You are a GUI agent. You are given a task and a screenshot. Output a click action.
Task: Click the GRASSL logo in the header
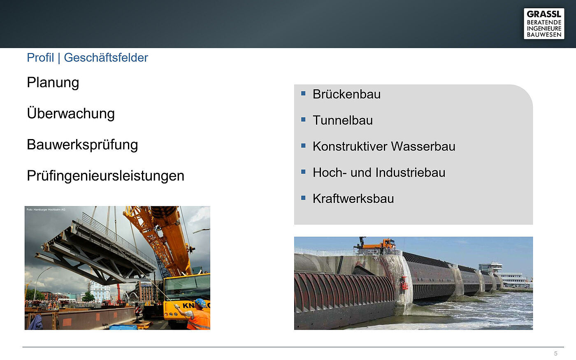point(544,24)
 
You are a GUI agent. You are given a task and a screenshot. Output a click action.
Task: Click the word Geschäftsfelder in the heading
point(106,58)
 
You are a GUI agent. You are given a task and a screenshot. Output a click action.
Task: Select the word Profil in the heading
point(40,57)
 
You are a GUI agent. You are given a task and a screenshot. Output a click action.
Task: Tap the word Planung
point(53,83)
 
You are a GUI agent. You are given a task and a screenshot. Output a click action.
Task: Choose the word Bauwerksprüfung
point(82,145)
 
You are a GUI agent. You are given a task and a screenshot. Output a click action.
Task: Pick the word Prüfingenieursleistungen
point(105,176)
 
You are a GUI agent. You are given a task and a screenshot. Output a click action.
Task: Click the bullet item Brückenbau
point(346,94)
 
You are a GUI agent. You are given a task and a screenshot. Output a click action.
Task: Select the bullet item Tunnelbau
point(342,120)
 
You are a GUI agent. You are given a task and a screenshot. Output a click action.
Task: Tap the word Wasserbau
point(423,146)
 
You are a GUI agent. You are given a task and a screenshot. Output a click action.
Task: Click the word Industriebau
point(410,172)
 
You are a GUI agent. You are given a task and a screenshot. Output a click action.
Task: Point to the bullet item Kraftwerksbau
point(353,199)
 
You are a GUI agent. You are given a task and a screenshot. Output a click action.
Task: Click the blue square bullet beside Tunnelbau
point(304,120)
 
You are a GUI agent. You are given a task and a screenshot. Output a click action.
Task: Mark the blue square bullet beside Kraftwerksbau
point(304,198)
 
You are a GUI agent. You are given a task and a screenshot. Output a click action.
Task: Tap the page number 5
point(556,353)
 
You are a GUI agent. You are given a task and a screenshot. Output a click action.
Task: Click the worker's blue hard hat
point(200,303)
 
